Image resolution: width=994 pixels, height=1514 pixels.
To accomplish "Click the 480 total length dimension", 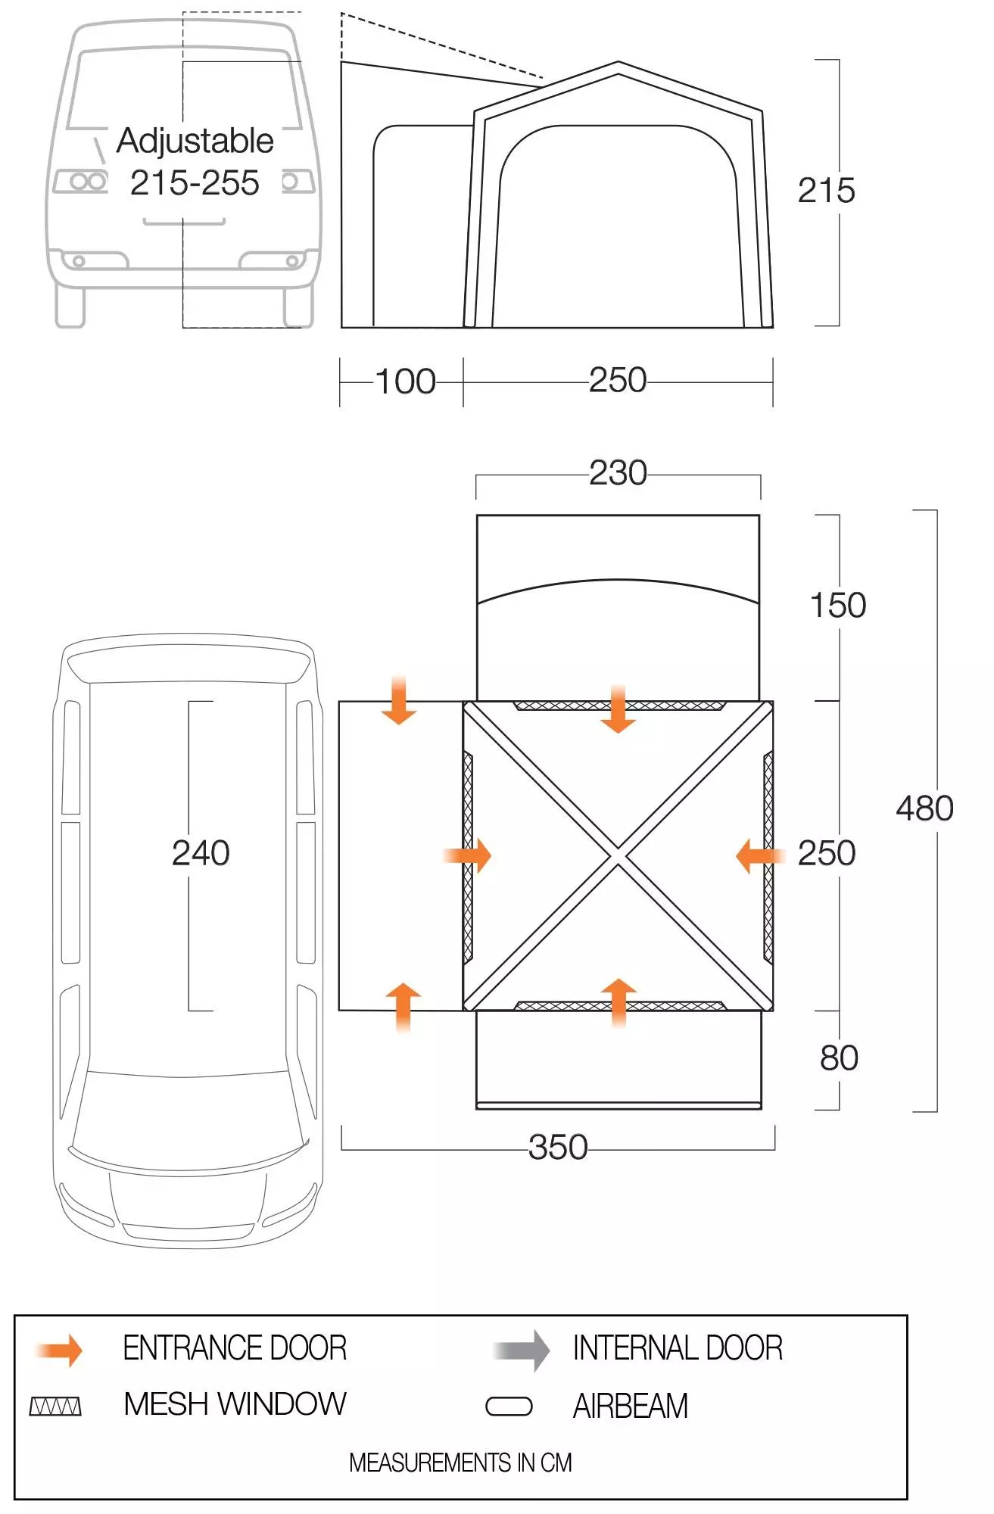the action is pos(924,808).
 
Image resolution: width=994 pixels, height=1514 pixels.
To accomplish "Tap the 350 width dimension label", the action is pos(558,1147).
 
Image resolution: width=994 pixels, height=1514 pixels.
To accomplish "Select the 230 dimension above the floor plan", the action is pos(618,473).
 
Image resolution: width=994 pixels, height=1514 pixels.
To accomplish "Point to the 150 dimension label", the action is pos(838,606).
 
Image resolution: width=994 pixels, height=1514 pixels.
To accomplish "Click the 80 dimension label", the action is pos(839,1058).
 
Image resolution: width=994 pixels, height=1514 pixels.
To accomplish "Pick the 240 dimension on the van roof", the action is pos(201,853).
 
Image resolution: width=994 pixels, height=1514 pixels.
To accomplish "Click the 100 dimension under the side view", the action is pos(406,382).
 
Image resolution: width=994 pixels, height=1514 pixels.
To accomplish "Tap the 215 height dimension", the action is pos(827,191).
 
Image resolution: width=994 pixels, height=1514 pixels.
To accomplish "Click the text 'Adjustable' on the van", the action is pos(195,142).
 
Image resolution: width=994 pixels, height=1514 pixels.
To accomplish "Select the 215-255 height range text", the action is pos(195,183).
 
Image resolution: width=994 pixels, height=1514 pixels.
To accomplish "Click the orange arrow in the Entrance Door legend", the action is pos(59,1350).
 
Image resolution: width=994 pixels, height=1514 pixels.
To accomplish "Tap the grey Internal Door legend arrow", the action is pos(522,1350).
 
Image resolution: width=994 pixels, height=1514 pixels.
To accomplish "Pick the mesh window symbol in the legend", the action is pos(55,1407).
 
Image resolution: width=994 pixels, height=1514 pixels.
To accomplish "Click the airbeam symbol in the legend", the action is pos(509,1407).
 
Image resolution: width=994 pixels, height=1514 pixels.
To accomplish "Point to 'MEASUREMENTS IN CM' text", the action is pos(460,1463).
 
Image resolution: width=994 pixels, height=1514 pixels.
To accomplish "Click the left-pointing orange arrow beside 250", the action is pos(761,856).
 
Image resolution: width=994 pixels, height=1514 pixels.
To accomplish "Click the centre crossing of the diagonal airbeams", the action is pos(619,856).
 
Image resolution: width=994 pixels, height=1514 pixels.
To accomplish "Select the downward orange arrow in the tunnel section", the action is pos(399,701).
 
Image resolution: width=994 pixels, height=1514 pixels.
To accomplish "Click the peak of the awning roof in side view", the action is pos(619,62).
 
